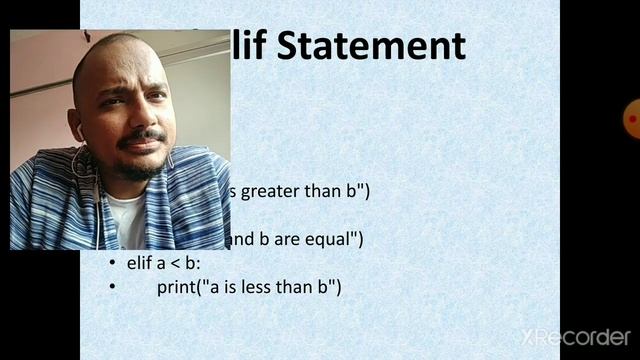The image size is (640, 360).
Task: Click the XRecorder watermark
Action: tap(575, 336)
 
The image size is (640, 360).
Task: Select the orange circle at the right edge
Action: tap(633, 118)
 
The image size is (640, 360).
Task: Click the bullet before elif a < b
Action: tap(113, 265)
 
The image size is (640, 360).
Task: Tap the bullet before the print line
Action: tap(113, 288)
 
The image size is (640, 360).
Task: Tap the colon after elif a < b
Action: tap(199, 265)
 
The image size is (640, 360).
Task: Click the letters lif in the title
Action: tap(250, 46)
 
